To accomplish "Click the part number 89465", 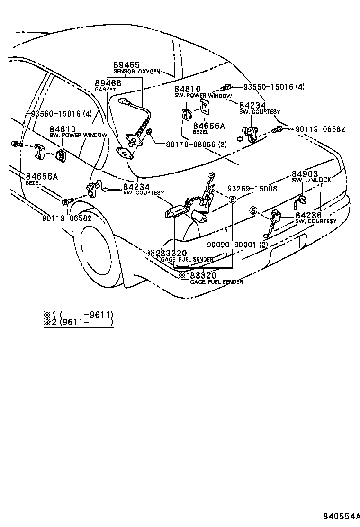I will tap(126, 65).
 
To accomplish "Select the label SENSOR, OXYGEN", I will tap(137, 72).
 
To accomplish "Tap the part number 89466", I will tap(108, 83).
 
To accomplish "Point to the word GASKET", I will tap(105, 89).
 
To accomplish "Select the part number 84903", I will tap(305, 174).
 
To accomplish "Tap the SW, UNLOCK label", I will tap(312, 180).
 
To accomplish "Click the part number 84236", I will tap(308, 215).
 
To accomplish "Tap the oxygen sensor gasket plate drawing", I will tap(125, 152).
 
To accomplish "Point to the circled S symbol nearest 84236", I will tap(253, 210).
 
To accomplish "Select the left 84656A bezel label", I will tap(42, 176).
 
